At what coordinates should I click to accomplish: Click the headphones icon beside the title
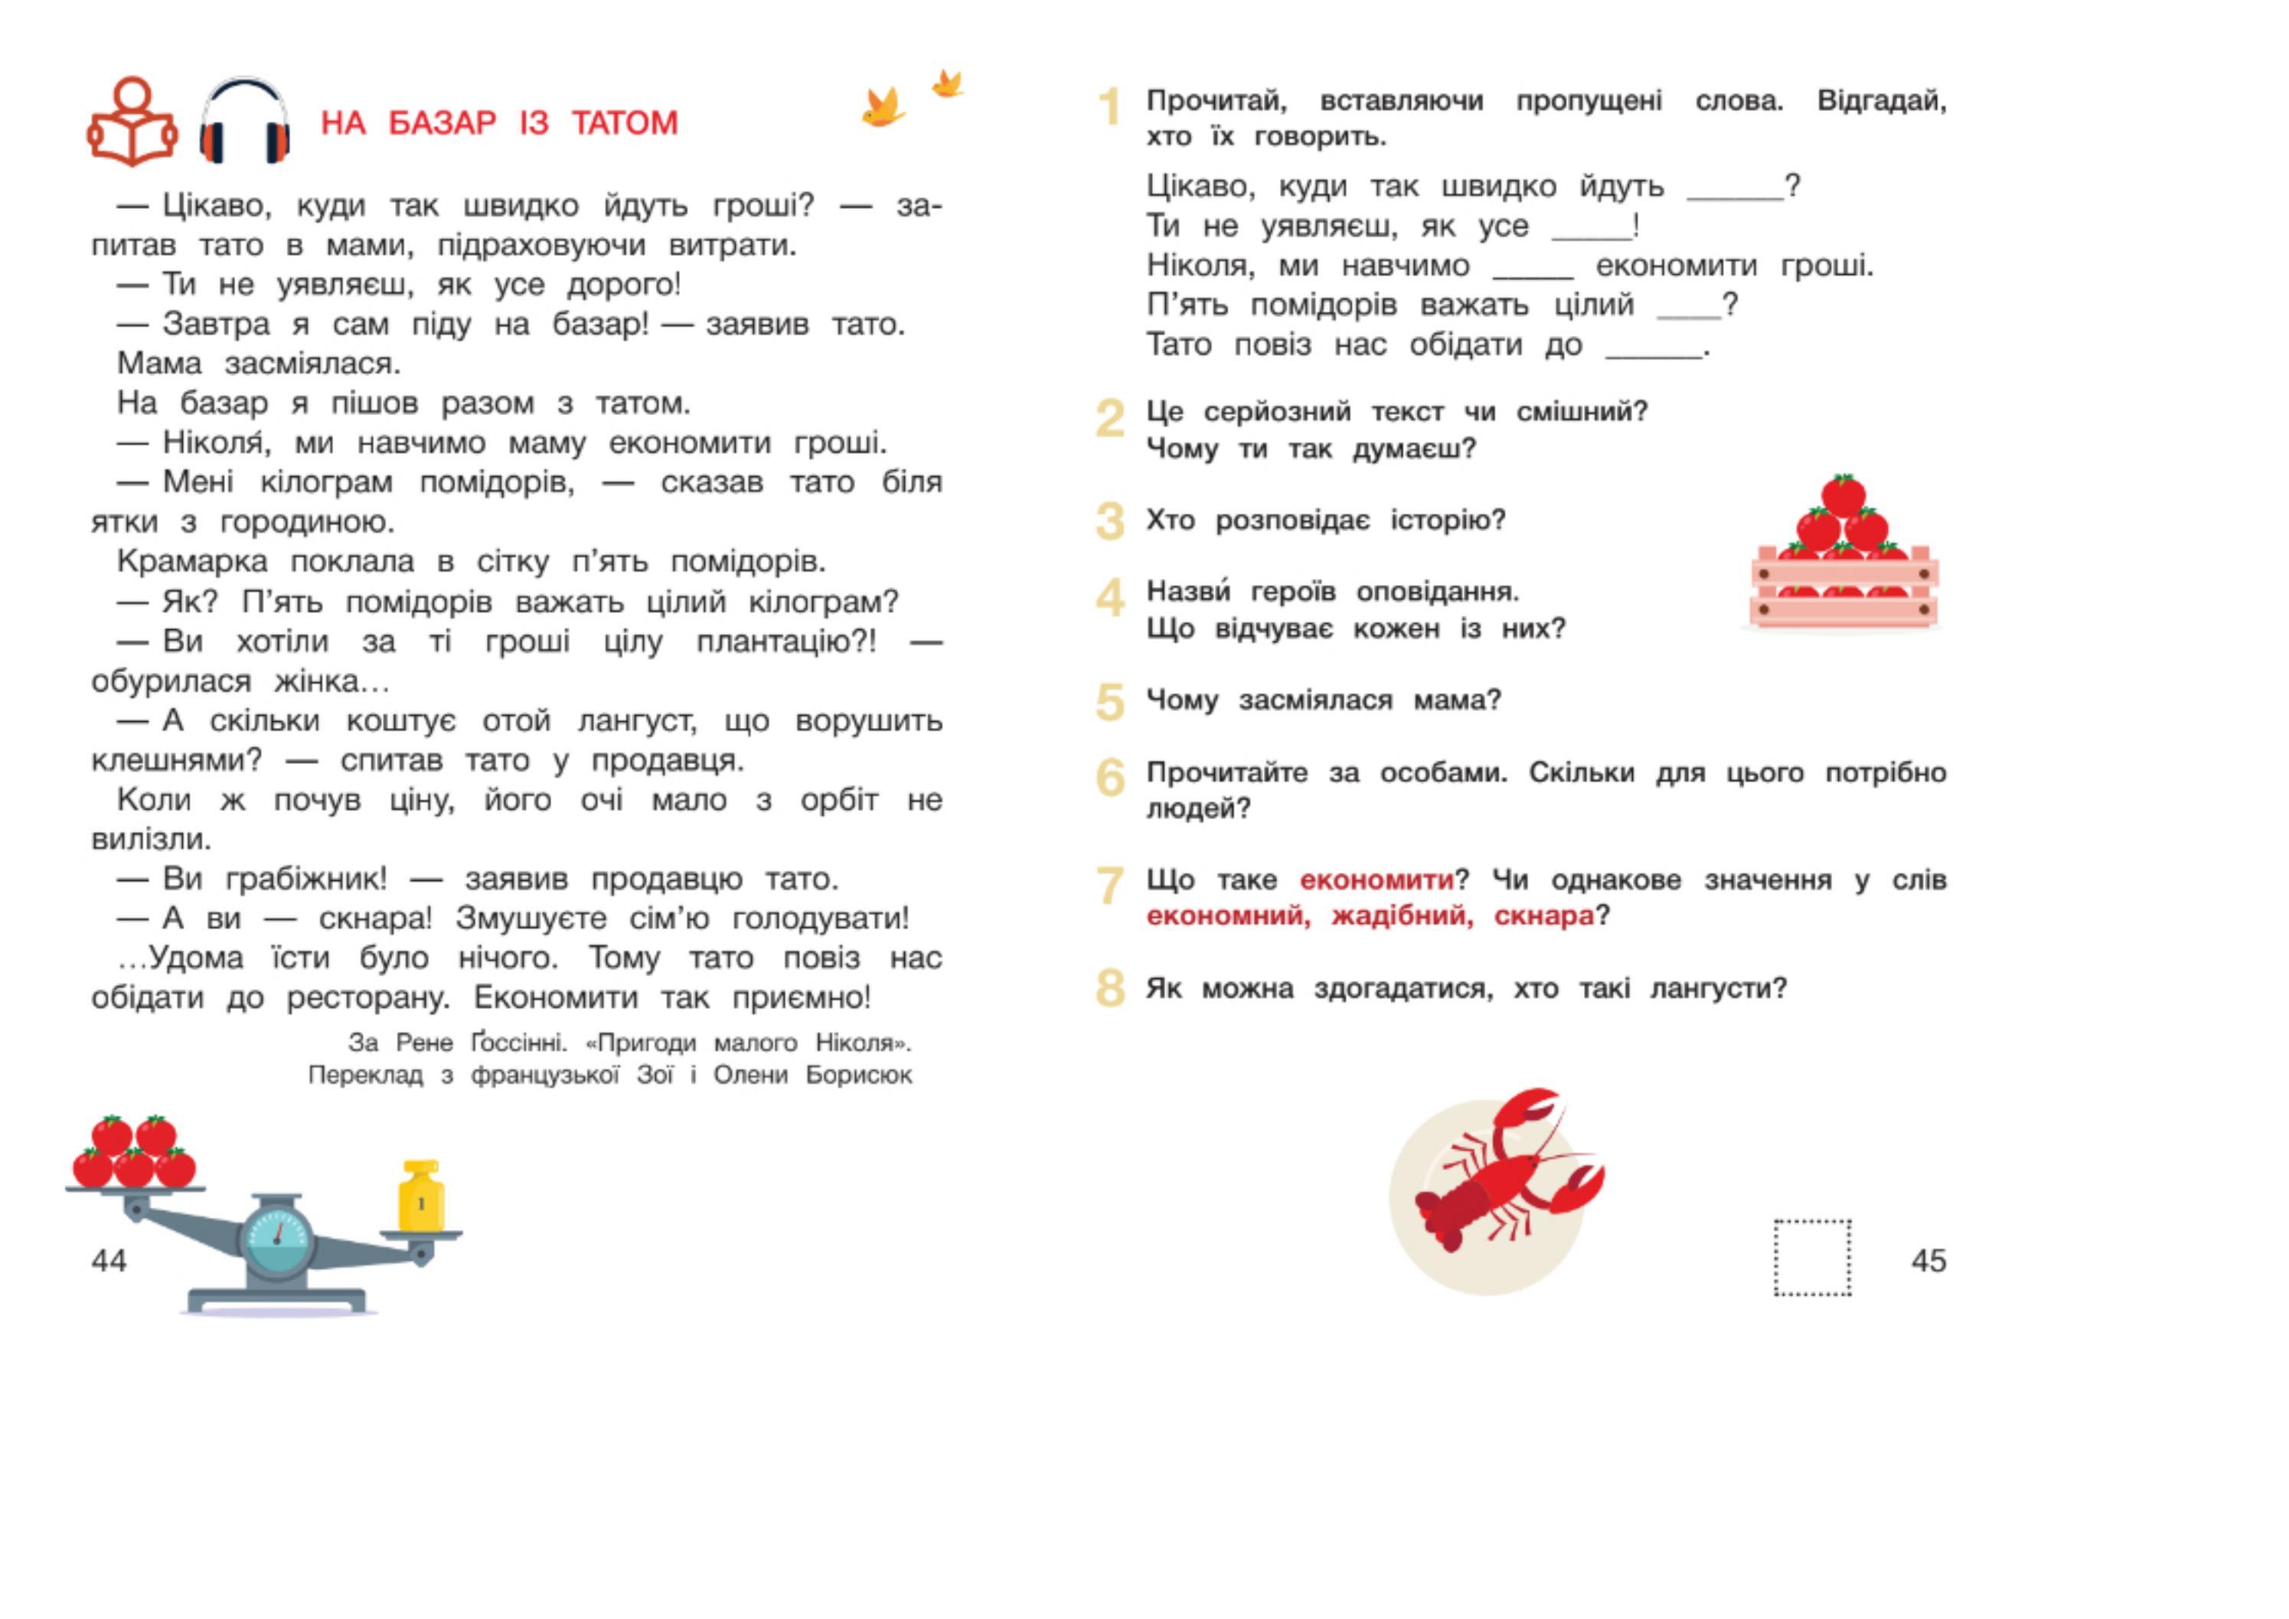coord(244,121)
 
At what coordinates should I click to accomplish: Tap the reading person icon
coord(132,122)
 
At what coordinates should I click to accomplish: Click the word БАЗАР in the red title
coord(442,123)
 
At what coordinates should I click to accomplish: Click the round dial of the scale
coord(278,1239)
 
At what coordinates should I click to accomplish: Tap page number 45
coord(1928,1261)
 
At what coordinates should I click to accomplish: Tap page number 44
coord(109,1261)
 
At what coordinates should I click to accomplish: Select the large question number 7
coord(1109,885)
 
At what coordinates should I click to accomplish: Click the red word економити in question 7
coord(1376,880)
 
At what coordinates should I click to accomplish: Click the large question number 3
coord(1109,521)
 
